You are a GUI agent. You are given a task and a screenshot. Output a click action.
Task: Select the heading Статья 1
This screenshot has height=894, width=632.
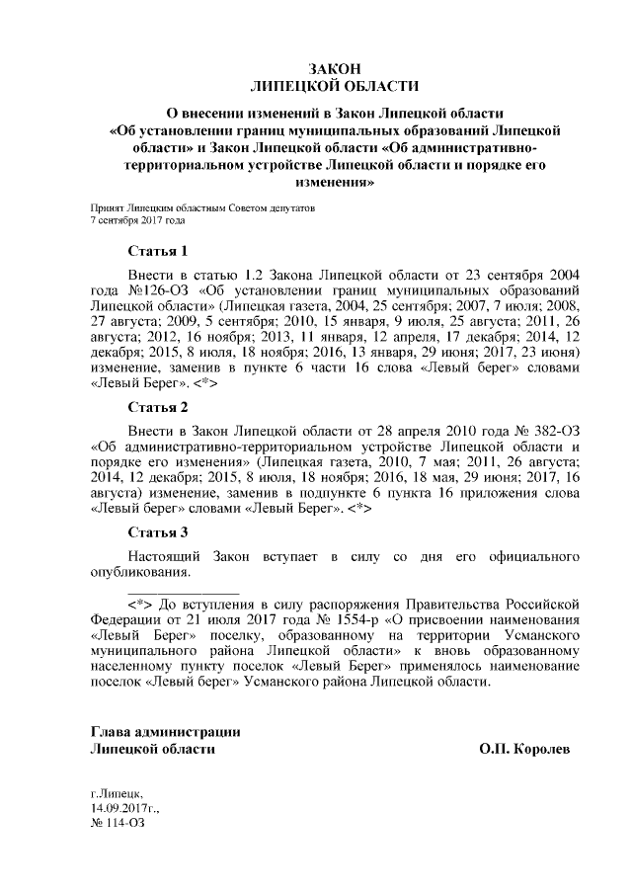[158, 251]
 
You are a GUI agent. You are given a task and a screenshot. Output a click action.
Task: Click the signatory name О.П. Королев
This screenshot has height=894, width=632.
[524, 750]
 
